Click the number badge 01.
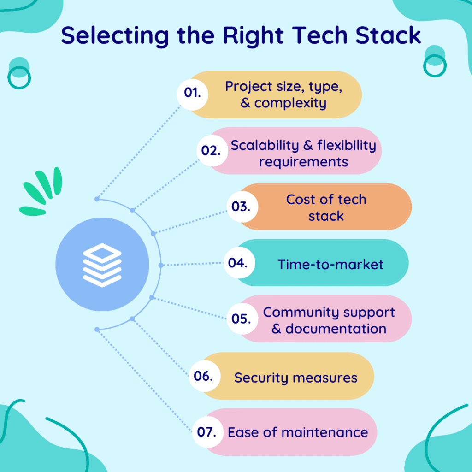point(192,93)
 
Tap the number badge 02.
point(212,150)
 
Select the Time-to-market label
point(330,264)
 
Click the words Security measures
point(295,378)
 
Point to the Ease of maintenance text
point(298,433)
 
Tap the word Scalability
point(265,145)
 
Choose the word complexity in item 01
point(290,103)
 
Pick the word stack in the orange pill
point(326,216)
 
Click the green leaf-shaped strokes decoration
point(41,191)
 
